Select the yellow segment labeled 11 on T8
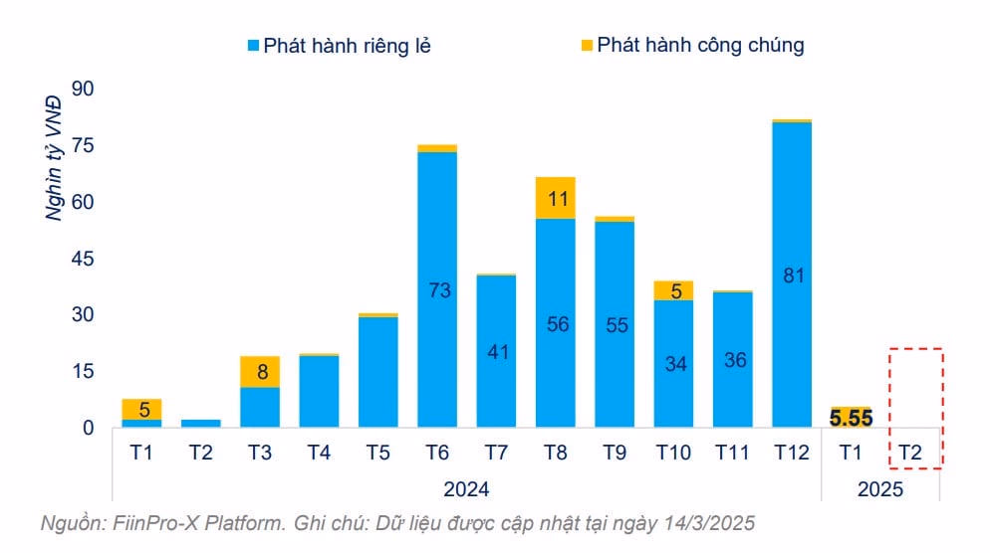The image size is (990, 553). (x=556, y=198)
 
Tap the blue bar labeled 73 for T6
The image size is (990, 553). (x=437, y=289)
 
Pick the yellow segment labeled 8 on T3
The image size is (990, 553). (x=259, y=372)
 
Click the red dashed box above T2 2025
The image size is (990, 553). (x=915, y=407)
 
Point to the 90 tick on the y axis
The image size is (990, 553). (x=81, y=90)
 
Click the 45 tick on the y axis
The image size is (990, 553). (x=81, y=259)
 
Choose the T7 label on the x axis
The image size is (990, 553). (x=496, y=454)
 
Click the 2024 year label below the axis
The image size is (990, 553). (x=466, y=488)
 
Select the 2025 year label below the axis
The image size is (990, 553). (x=880, y=488)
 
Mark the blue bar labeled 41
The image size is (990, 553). (x=496, y=351)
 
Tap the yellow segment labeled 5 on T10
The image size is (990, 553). (x=673, y=290)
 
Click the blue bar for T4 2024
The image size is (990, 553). (x=319, y=391)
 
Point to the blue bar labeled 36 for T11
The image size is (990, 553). (x=733, y=359)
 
